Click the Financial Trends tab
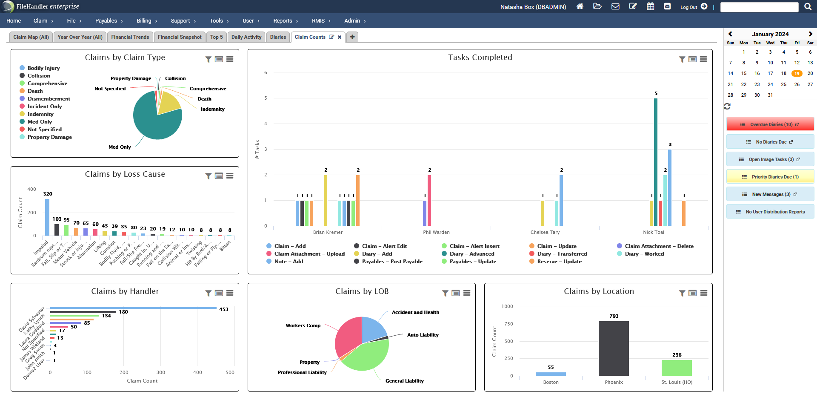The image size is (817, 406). click(x=130, y=37)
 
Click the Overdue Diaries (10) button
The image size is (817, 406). click(x=770, y=124)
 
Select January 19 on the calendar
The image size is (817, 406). click(x=797, y=73)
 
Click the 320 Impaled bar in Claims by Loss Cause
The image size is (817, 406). click(x=47, y=217)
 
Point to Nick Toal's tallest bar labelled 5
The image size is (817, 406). click(x=656, y=162)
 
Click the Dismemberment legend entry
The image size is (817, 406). click(x=49, y=98)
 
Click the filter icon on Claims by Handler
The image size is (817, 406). click(x=208, y=293)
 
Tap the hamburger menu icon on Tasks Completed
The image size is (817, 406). click(x=703, y=59)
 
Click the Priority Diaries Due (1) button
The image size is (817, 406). click(x=770, y=177)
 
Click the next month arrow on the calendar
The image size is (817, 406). click(x=810, y=34)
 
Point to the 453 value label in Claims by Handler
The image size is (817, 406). click(x=224, y=309)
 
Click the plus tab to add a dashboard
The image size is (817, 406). click(x=352, y=37)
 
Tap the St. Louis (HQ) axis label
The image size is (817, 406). click(x=677, y=382)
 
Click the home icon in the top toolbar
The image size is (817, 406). click(x=580, y=6)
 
